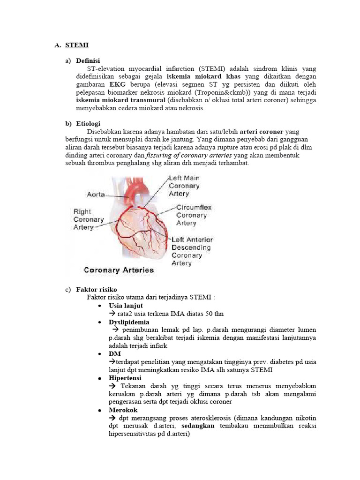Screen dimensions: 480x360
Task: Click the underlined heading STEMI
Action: point(77,45)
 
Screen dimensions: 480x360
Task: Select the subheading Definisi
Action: point(88,61)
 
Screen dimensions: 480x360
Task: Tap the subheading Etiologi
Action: point(88,124)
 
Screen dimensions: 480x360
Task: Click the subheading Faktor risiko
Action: point(97,289)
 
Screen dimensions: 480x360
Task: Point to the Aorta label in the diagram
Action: point(96,194)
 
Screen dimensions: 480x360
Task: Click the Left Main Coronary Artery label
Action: point(184,186)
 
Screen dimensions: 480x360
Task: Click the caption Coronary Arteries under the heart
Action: point(119,270)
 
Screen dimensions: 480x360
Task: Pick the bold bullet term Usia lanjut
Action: point(126,306)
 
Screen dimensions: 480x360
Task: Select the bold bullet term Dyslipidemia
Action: point(129,322)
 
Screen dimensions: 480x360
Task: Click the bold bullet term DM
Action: point(114,354)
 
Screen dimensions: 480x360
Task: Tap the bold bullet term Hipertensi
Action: point(125,378)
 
